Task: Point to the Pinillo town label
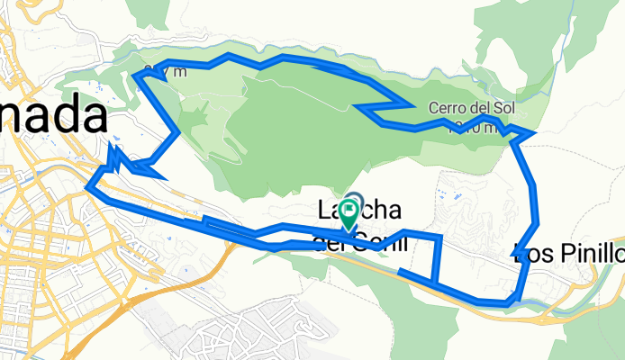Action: (x=585, y=250)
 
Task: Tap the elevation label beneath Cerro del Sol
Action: (x=473, y=127)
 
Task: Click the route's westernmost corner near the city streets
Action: (x=88, y=187)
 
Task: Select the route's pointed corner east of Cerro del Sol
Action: (x=533, y=134)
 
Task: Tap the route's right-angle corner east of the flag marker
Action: (x=440, y=238)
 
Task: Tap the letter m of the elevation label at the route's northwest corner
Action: (x=183, y=73)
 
